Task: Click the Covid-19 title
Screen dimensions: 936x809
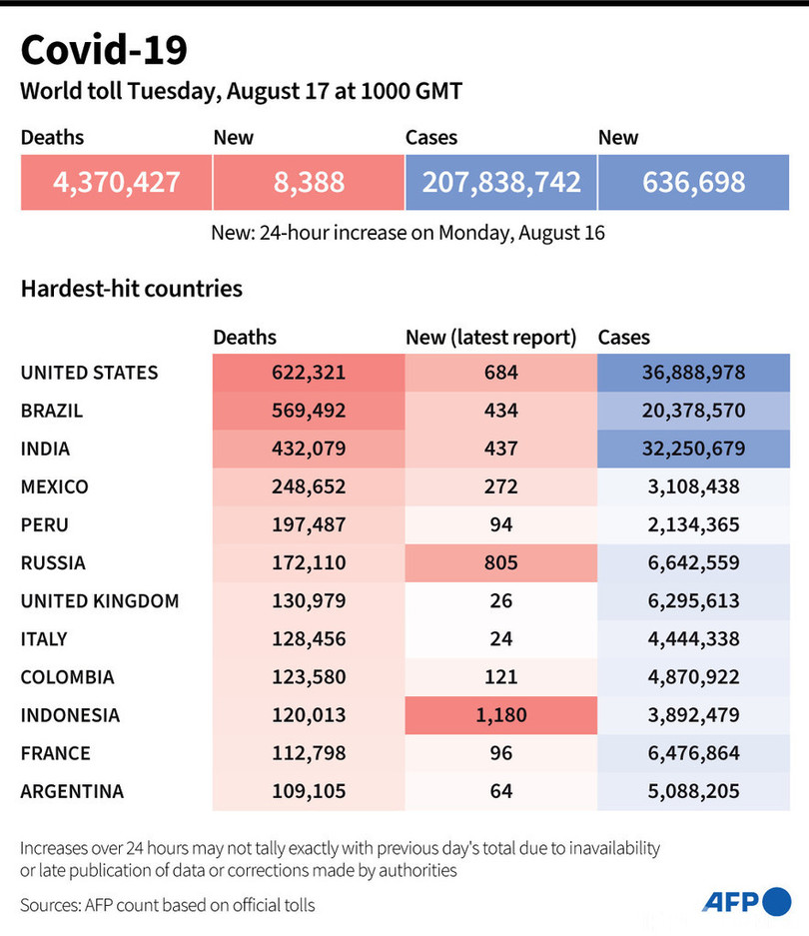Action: (x=103, y=50)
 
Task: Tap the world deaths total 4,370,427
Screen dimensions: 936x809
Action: (x=117, y=182)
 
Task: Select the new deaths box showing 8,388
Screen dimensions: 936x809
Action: (x=309, y=182)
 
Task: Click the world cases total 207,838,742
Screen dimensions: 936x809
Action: (x=501, y=182)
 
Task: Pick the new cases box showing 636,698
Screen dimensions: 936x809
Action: (x=694, y=182)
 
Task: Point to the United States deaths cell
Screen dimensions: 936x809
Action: (x=309, y=373)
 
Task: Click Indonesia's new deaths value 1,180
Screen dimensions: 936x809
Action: (x=500, y=715)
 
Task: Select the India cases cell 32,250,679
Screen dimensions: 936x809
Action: (x=693, y=449)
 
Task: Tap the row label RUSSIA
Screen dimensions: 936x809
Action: (x=53, y=563)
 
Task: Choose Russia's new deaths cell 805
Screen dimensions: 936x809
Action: (x=500, y=563)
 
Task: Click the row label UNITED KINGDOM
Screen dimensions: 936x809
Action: (x=100, y=601)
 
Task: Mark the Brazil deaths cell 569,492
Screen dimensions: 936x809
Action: (x=309, y=411)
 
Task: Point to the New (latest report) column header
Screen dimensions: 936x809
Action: (x=491, y=338)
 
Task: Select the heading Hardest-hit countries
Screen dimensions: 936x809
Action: (x=131, y=289)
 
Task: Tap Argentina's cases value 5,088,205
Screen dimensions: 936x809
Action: (x=693, y=791)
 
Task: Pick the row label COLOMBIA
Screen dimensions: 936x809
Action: (x=67, y=677)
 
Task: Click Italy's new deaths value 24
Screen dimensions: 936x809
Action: (x=500, y=639)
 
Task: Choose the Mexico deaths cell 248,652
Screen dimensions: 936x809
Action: (x=309, y=486)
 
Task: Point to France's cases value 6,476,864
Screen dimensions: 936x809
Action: (x=693, y=753)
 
